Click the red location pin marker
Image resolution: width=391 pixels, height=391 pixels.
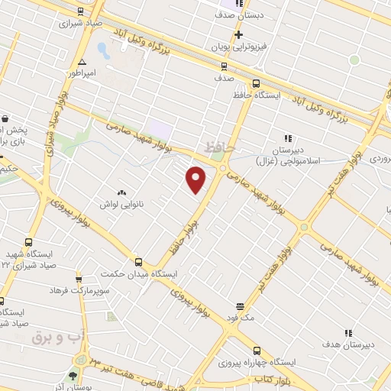[197, 179]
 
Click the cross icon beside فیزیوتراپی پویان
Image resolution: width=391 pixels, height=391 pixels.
[239, 34]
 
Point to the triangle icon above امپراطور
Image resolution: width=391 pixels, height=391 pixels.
[81, 62]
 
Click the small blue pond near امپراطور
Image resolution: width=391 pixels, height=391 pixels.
[103, 52]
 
